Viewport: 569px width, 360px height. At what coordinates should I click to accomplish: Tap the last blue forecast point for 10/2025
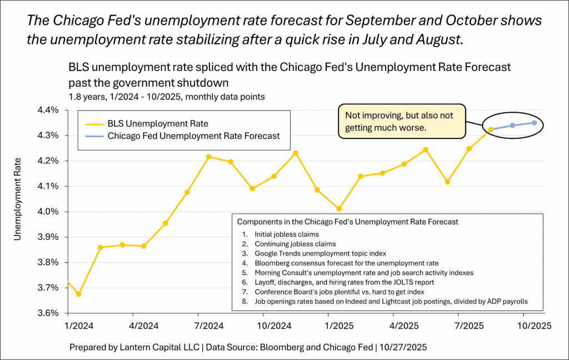(x=534, y=123)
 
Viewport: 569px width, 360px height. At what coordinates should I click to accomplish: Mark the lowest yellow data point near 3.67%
(x=78, y=294)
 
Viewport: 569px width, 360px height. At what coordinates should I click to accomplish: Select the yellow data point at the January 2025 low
(x=339, y=209)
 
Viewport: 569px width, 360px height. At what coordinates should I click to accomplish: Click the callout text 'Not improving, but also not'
(x=400, y=115)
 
